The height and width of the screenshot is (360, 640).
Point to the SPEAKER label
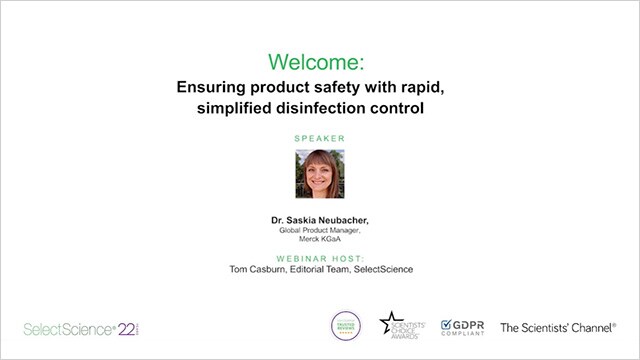(x=319, y=137)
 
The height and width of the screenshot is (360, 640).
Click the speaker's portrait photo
(x=320, y=174)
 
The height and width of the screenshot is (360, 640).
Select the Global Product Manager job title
(x=319, y=230)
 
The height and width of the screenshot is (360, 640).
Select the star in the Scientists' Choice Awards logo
(x=388, y=323)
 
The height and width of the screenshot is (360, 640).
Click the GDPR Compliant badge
(x=460, y=326)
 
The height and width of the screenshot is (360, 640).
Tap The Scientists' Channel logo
(x=558, y=327)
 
